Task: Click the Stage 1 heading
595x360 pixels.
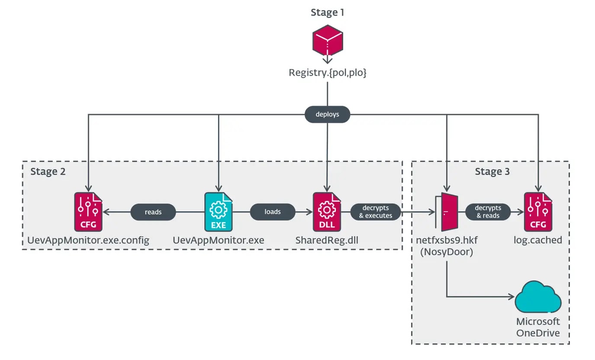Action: pyautogui.click(x=327, y=13)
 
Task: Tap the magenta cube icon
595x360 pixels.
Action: pyautogui.click(x=328, y=41)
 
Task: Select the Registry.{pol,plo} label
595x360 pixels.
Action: pyautogui.click(x=328, y=73)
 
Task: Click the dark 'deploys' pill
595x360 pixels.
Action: pyautogui.click(x=327, y=114)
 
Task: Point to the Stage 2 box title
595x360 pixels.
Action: pyautogui.click(x=48, y=171)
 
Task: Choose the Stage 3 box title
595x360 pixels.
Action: pyautogui.click(x=492, y=171)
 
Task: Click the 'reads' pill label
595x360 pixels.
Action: pyautogui.click(x=153, y=212)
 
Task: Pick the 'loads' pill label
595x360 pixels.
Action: pyautogui.click(x=272, y=212)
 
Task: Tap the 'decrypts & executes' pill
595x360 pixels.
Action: pyautogui.click(x=375, y=212)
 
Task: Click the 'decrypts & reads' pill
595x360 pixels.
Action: pyautogui.click(x=488, y=212)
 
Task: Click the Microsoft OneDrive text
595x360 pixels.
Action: pyautogui.click(x=538, y=327)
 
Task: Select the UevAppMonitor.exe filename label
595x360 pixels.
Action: pyautogui.click(x=218, y=240)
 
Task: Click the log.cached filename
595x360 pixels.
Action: pyautogui.click(x=538, y=240)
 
